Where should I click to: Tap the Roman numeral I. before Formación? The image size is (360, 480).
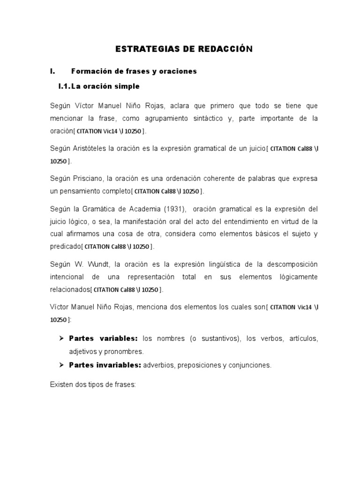(x=52, y=71)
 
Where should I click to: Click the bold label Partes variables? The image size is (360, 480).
(x=103, y=338)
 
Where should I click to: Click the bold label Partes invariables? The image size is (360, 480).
(x=105, y=365)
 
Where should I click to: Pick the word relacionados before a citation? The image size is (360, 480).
(x=70, y=289)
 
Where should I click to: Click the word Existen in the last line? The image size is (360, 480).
(x=61, y=384)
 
